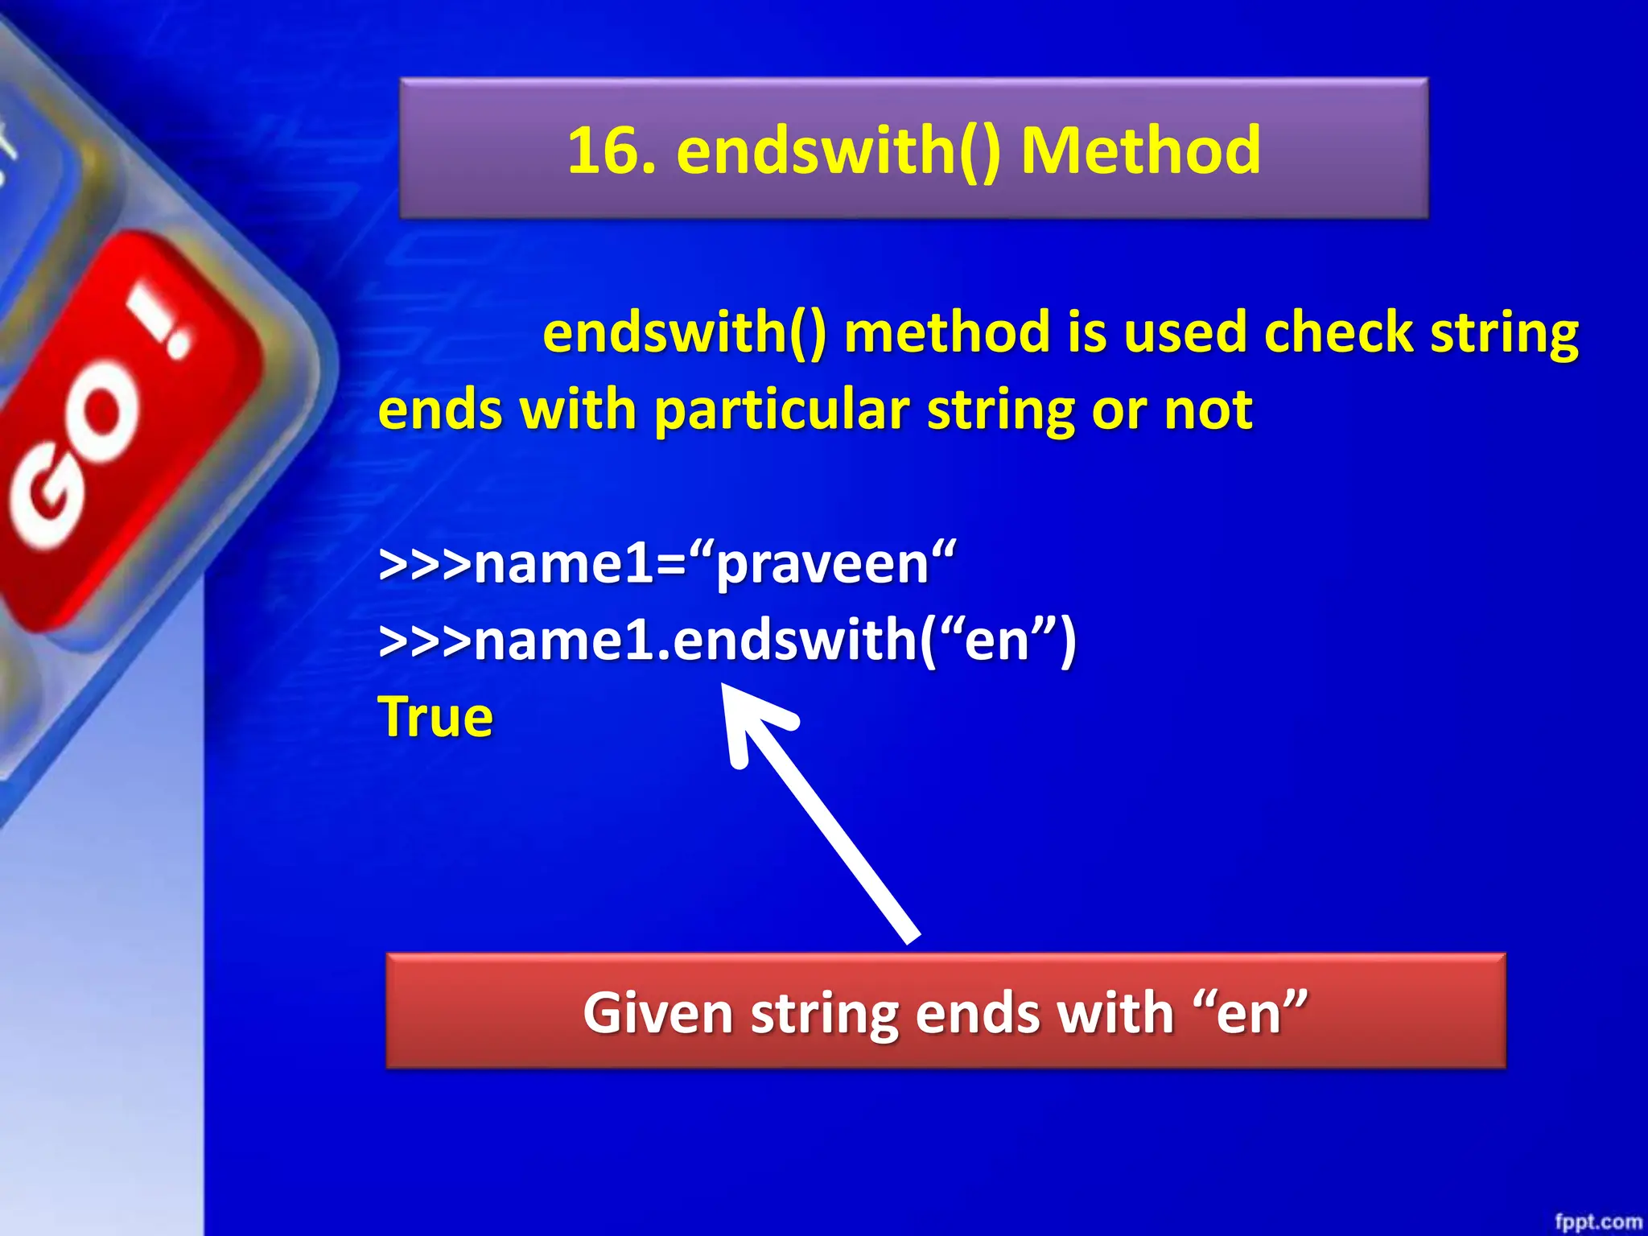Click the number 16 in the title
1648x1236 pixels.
tap(610, 151)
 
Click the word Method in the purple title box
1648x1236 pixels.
tap(1140, 151)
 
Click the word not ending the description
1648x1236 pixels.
tap(1208, 410)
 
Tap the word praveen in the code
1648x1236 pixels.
tap(822, 564)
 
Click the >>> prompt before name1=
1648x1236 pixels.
tap(424, 566)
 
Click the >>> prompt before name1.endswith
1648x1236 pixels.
tap(424, 642)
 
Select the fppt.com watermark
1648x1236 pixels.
tap(1597, 1222)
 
